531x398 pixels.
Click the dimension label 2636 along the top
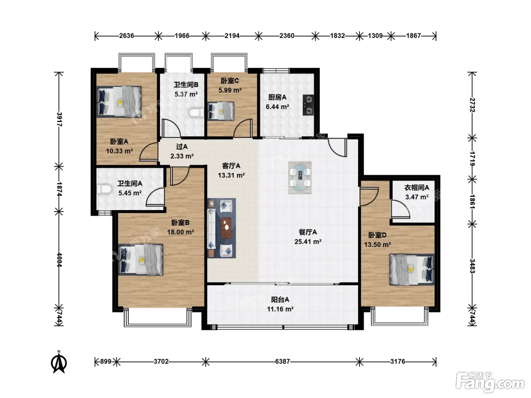(127, 36)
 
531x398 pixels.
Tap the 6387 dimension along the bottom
(282, 362)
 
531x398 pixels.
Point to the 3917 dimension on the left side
(59, 119)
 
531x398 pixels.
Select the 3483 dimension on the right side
(472, 266)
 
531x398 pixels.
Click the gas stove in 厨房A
(308, 105)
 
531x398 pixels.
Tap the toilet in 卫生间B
(196, 113)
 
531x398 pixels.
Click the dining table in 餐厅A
(300, 178)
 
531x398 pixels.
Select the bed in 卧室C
(221, 111)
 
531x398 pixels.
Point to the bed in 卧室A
(119, 102)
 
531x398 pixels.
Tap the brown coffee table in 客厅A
(226, 228)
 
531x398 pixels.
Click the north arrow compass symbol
(59, 362)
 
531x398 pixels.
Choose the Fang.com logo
(490, 382)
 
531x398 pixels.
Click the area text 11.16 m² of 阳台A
(280, 309)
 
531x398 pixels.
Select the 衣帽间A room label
(416, 188)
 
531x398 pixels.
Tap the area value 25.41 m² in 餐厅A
(308, 241)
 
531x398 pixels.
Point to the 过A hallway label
(182, 147)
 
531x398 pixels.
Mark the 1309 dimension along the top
(375, 36)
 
